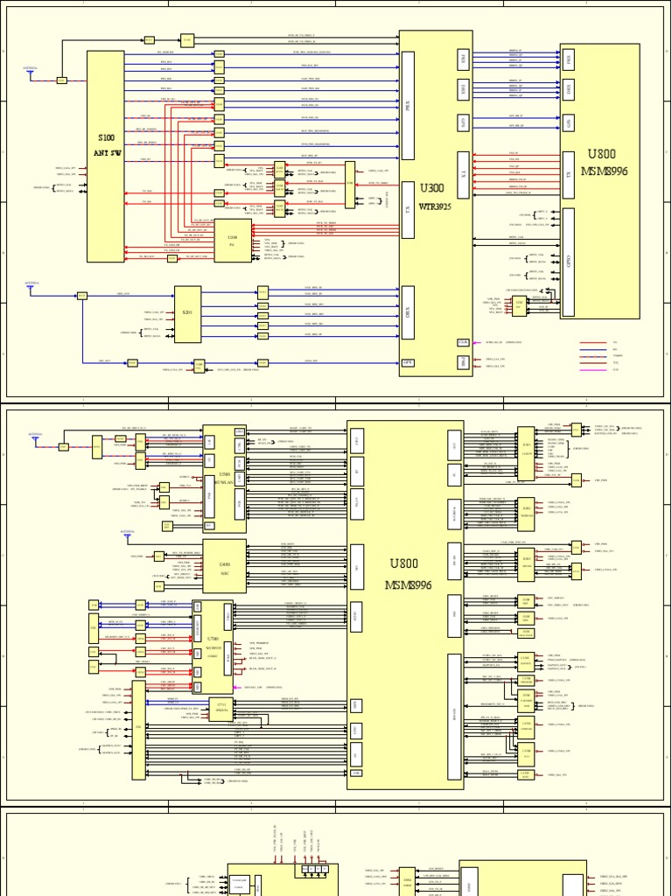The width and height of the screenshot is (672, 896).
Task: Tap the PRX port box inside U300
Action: (408, 105)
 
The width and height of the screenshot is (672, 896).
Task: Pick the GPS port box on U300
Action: (408, 361)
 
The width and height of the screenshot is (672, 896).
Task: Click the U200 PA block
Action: (232, 240)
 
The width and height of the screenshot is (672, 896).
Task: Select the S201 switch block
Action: (187, 314)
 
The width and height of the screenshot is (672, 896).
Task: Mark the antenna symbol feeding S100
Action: (31, 73)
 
